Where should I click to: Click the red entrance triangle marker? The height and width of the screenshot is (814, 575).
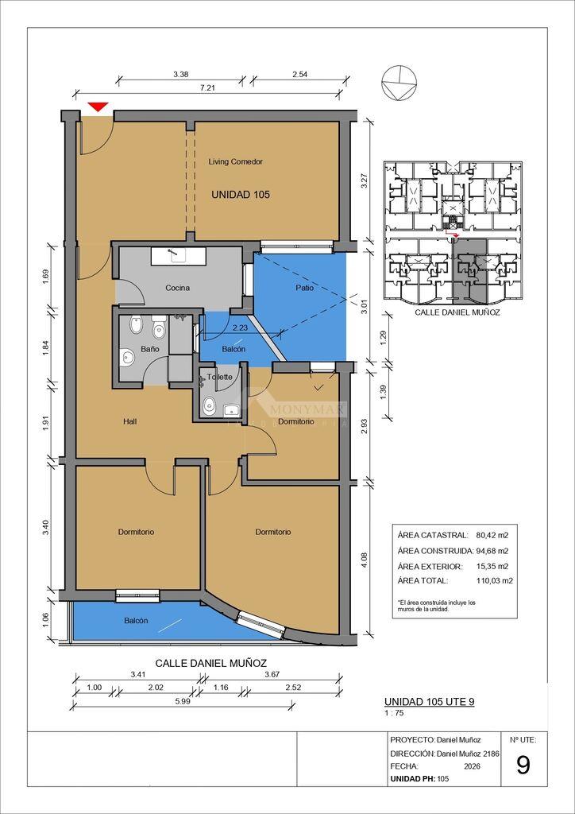click(x=98, y=107)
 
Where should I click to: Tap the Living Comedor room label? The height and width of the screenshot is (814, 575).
click(x=235, y=162)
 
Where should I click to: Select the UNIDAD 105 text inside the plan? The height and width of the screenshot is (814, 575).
click(x=241, y=196)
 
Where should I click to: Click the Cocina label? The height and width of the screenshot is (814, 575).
click(x=177, y=288)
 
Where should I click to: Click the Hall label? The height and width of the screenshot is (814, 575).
click(x=129, y=421)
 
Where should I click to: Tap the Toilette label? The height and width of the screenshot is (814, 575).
click(x=219, y=378)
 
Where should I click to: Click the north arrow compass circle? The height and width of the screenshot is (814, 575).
click(x=399, y=84)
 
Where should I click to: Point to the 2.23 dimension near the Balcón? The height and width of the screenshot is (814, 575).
click(x=239, y=328)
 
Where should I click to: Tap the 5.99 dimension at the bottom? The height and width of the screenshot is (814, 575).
click(x=182, y=700)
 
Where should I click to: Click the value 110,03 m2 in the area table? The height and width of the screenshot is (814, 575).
click(x=494, y=581)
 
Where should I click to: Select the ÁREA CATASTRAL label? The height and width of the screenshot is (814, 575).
click(x=432, y=535)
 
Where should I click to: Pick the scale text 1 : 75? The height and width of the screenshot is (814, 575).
click(x=394, y=713)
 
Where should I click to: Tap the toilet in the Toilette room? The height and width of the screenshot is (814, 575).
click(x=210, y=405)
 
